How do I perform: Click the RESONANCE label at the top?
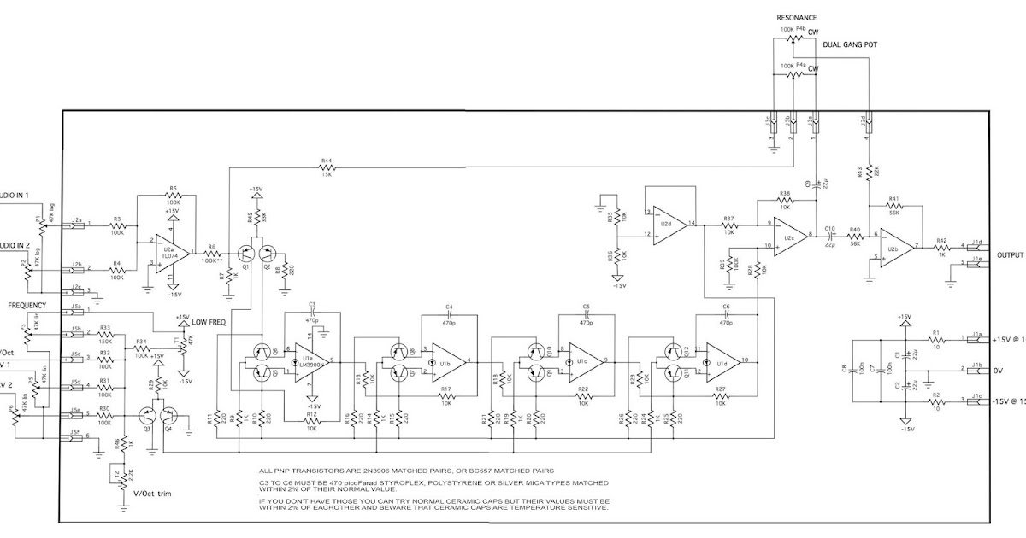tap(796, 17)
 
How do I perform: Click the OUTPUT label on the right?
tap(1010, 254)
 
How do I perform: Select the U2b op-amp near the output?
tap(892, 246)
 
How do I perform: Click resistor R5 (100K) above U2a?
tap(173, 196)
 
